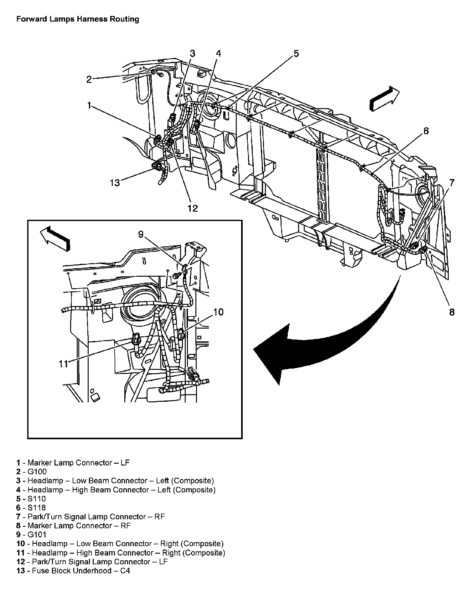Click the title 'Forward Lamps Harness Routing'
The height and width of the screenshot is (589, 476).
77,19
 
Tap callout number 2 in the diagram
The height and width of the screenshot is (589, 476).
89,79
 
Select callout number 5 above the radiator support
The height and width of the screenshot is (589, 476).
296,53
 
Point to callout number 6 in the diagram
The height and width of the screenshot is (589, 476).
426,131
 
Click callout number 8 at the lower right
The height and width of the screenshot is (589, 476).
452,312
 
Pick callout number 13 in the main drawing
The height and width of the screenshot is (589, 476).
115,183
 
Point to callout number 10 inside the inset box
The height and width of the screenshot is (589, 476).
218,312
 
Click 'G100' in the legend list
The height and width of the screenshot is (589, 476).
37,471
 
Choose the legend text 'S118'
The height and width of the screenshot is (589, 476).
37,507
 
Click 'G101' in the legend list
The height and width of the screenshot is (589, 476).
37,535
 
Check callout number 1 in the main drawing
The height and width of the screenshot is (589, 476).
89,105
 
